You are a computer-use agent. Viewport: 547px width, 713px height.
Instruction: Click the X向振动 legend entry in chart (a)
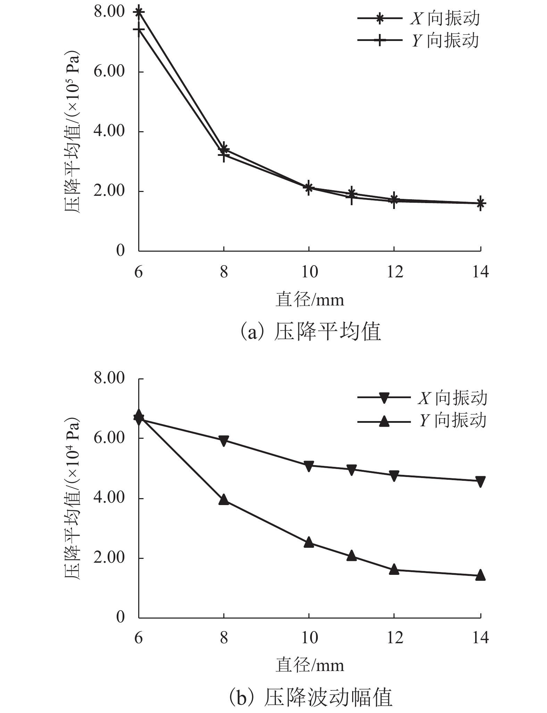tap(418, 18)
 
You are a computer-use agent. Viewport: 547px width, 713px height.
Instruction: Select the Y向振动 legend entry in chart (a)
tap(418, 41)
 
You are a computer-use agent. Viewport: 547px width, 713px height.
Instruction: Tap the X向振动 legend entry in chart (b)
tap(422, 398)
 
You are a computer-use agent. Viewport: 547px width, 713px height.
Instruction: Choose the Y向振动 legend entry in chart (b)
tap(422, 420)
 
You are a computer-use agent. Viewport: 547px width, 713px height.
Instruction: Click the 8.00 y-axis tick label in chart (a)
tap(109, 12)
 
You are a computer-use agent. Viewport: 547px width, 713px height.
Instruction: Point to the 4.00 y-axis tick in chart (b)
tap(109, 497)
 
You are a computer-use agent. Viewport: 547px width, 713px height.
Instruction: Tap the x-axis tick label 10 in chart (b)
tap(309, 638)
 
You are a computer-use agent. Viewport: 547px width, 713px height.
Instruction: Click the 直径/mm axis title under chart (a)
tap(310, 300)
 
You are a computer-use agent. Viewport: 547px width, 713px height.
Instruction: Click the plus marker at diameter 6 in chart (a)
tap(139, 30)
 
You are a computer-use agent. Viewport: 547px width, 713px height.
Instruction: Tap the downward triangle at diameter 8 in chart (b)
tap(224, 441)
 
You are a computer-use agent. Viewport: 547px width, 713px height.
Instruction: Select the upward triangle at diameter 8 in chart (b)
tap(224, 500)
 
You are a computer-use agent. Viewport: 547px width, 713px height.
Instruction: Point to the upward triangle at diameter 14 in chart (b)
tap(480, 574)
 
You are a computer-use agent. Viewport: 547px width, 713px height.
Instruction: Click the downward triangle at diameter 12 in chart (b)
tap(394, 476)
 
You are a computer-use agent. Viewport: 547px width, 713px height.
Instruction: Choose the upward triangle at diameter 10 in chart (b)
tap(309, 542)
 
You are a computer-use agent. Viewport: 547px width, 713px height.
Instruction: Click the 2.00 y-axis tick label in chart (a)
tap(109, 191)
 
